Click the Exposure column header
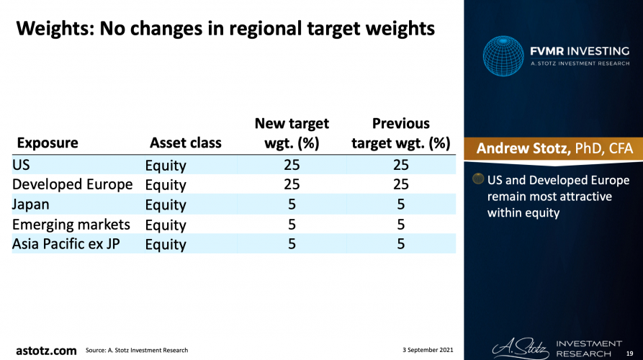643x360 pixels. [48, 143]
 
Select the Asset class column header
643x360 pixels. [185, 143]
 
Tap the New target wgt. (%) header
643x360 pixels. [292, 133]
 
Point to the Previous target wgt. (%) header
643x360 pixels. [400, 133]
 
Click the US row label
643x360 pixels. [21, 165]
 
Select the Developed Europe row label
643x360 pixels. [72, 184]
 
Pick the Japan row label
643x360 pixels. [30, 204]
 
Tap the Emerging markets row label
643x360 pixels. [71, 225]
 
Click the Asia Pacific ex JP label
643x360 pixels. [66, 244]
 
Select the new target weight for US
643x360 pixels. [292, 165]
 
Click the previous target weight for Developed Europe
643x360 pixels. [400, 184]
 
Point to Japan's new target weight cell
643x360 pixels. [292, 204]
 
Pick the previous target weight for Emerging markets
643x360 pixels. [400, 225]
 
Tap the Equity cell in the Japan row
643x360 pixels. [166, 204]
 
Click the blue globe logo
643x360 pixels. [503, 55]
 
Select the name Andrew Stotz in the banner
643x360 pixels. [523, 148]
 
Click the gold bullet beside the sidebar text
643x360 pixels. [477, 179]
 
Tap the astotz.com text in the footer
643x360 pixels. [46, 351]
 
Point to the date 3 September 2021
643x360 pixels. [428, 350]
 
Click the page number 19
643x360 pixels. [629, 354]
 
